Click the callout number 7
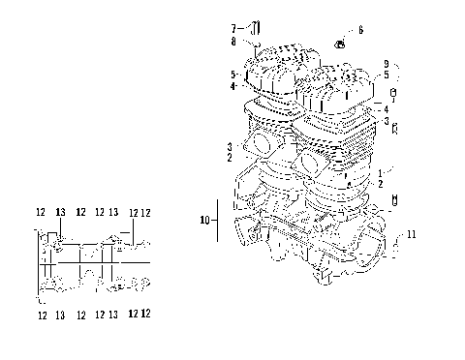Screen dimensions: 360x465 point(233,26)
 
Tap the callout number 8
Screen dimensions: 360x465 point(233,41)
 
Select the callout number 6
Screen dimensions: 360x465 point(360,31)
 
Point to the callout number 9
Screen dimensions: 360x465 point(385,64)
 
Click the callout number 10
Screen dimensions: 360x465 point(204,221)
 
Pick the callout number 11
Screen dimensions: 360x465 point(412,235)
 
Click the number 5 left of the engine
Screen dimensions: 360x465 point(233,75)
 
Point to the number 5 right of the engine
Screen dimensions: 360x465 point(386,75)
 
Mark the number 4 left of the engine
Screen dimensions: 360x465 point(233,86)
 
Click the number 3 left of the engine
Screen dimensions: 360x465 point(229,144)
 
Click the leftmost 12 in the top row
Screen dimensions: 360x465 point(41,212)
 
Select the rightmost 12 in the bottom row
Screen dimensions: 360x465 point(144,314)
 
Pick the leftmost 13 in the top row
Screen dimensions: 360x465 point(60,212)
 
